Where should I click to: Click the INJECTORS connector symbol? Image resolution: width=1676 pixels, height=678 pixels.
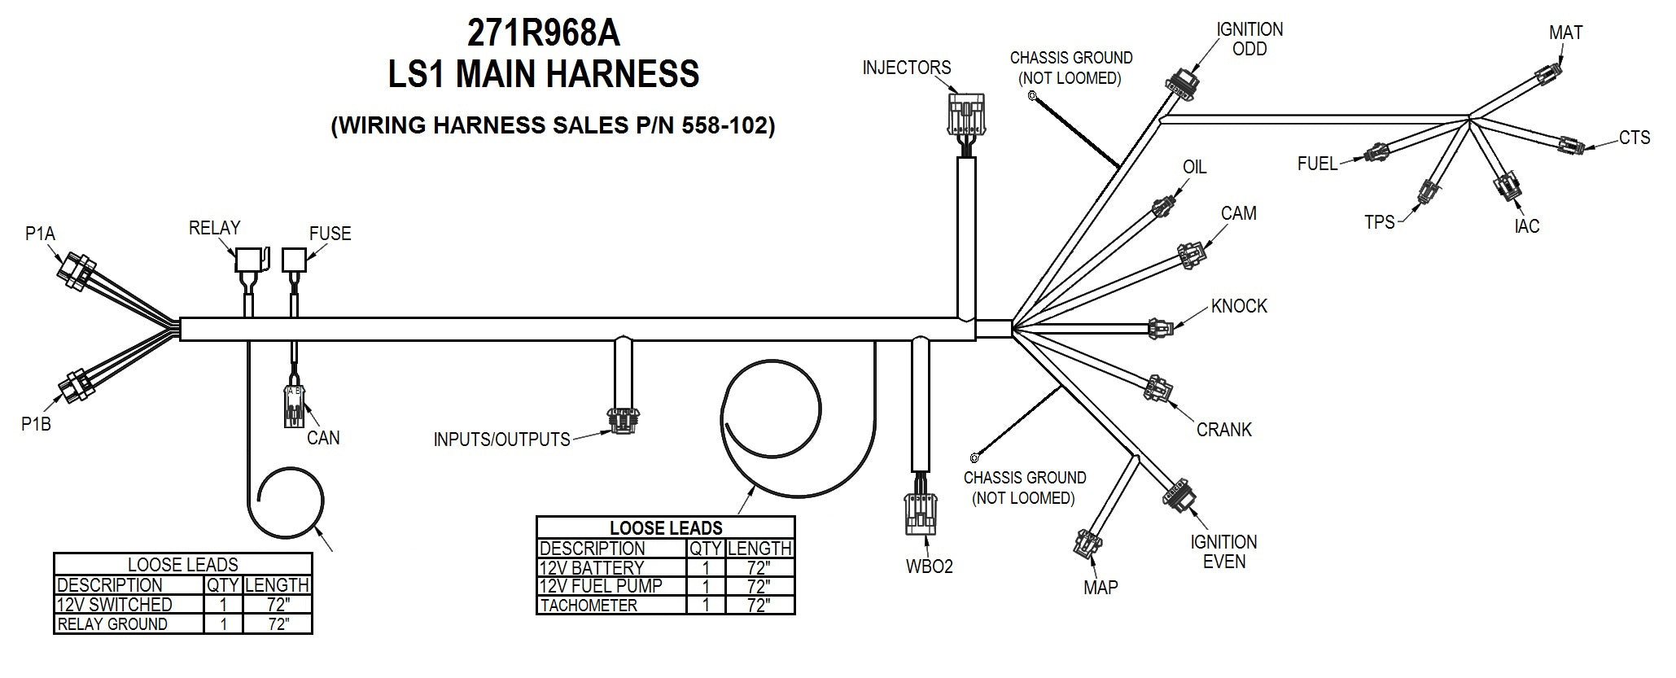click(x=966, y=114)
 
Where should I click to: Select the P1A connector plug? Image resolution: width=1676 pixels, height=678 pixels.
click(x=77, y=270)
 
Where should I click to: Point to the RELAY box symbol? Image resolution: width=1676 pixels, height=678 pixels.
click(x=250, y=260)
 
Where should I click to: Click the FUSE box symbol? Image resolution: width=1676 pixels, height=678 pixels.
click(x=294, y=260)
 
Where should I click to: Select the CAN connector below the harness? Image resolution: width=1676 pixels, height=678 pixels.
click(x=294, y=405)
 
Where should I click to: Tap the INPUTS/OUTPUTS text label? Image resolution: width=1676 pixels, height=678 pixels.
click(x=501, y=440)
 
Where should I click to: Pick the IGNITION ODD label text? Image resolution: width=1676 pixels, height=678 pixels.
click(x=1249, y=39)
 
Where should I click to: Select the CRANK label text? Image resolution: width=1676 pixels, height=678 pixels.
click(x=1223, y=430)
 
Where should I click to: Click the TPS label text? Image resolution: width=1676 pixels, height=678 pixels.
click(x=1380, y=221)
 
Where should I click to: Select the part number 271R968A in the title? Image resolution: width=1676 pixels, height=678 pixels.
click(x=543, y=33)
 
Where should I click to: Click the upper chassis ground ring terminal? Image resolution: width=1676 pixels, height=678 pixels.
click(x=1033, y=96)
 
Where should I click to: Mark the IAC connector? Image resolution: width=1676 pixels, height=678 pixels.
click(x=1506, y=186)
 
